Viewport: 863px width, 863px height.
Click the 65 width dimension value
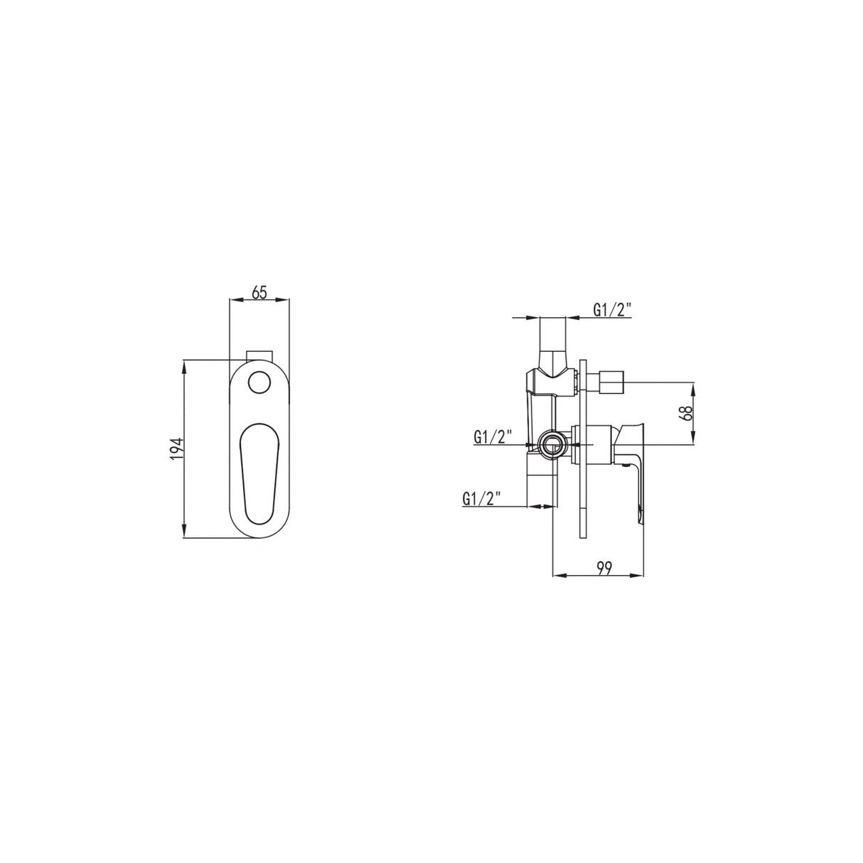[x=259, y=291]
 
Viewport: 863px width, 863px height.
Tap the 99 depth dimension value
[x=604, y=567]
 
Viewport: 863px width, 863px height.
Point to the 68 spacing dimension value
[x=687, y=414]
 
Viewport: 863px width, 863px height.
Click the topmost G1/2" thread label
[x=612, y=309]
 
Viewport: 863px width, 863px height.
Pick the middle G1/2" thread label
[x=493, y=436]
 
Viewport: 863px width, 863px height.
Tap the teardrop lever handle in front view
[x=259, y=472]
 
